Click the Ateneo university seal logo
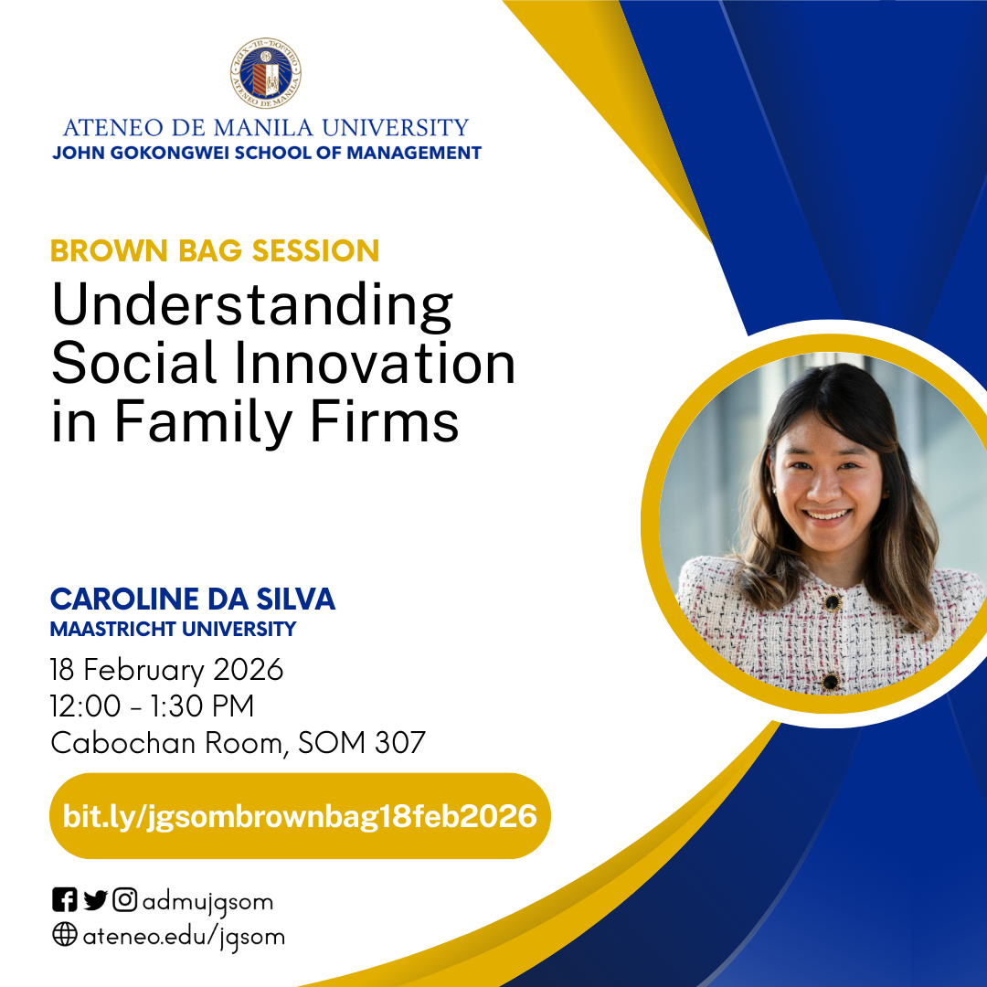coord(266,74)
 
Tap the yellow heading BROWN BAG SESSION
coord(215,250)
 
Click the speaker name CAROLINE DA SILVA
coord(193,600)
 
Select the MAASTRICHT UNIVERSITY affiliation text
coord(174,629)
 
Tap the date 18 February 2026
coord(167,670)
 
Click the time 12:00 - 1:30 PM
coord(153,706)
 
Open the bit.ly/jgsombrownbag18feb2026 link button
coord(300,816)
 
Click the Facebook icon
coord(64,901)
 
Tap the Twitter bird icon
coord(95,901)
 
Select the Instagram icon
coord(125,901)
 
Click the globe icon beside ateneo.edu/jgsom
coord(64,936)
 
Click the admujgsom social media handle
coord(207,903)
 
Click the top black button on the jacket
coord(832,602)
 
